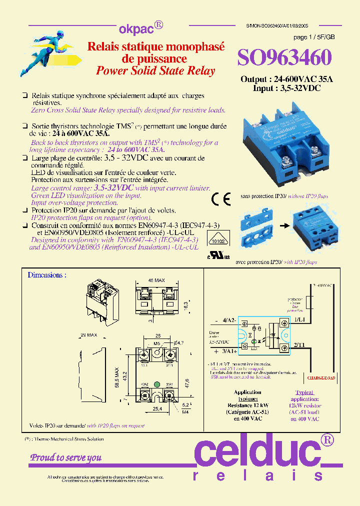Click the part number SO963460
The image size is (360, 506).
tap(284, 58)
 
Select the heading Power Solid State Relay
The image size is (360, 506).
tap(155, 71)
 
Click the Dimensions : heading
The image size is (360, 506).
tap(47, 275)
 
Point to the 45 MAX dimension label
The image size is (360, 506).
tap(156, 280)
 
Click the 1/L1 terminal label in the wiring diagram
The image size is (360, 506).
tap(300, 318)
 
